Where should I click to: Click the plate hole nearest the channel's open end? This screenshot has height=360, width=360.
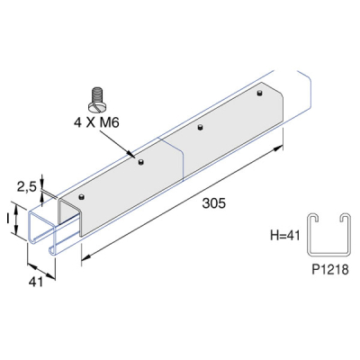tap(82, 194)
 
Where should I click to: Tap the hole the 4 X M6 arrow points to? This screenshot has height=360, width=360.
tap(141, 162)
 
